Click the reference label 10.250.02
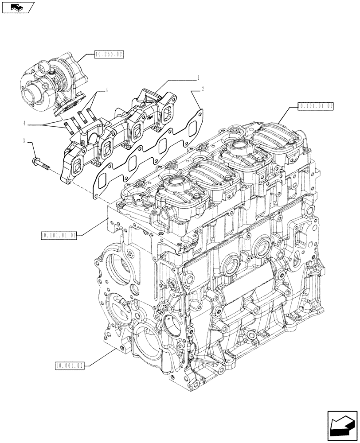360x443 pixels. tap(109, 54)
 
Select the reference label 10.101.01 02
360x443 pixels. tap(315, 106)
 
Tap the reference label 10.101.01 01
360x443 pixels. tap(59, 235)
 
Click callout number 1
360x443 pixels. tap(200, 78)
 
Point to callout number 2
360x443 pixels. tap(203, 89)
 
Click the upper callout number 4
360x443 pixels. tap(106, 90)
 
